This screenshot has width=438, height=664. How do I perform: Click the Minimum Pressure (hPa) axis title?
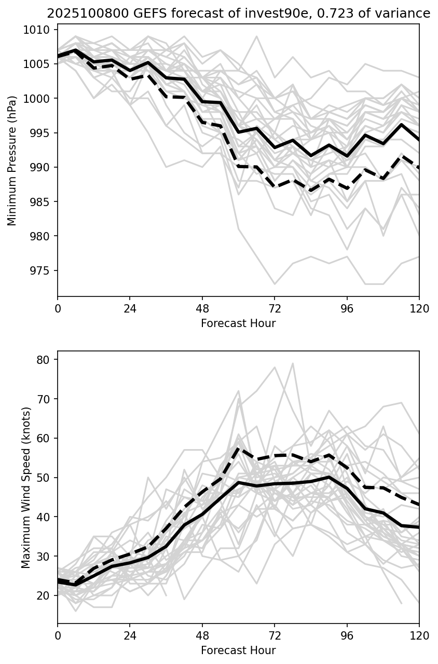12,160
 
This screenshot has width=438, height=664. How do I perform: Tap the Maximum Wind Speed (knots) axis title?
26,487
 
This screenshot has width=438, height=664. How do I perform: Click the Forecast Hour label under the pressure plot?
238,323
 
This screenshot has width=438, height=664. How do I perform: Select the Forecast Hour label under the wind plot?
238,651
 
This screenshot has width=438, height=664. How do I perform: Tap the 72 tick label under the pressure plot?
275,308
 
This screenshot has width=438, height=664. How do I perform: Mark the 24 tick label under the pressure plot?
130,308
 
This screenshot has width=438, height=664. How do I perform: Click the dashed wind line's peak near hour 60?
238,448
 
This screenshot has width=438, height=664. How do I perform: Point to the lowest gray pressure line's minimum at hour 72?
275,284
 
